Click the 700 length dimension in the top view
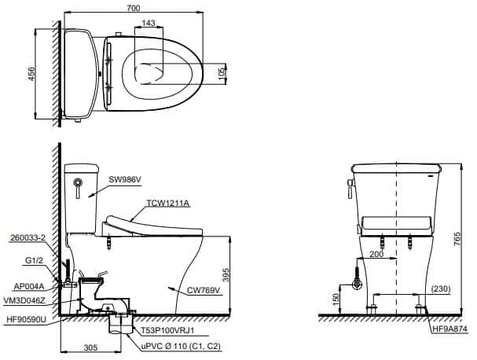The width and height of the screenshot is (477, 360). click(134, 7)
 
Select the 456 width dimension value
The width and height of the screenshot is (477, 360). click(31, 74)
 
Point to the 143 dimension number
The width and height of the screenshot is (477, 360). click(149, 23)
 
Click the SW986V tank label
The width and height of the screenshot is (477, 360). click(125, 180)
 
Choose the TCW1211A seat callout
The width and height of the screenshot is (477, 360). click(168, 203)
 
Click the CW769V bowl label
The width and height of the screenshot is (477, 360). click(204, 291)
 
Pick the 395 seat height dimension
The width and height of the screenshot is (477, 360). click(225, 275)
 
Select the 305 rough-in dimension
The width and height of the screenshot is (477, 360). click(91, 347)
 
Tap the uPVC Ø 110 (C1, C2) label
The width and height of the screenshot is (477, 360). click(181, 347)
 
